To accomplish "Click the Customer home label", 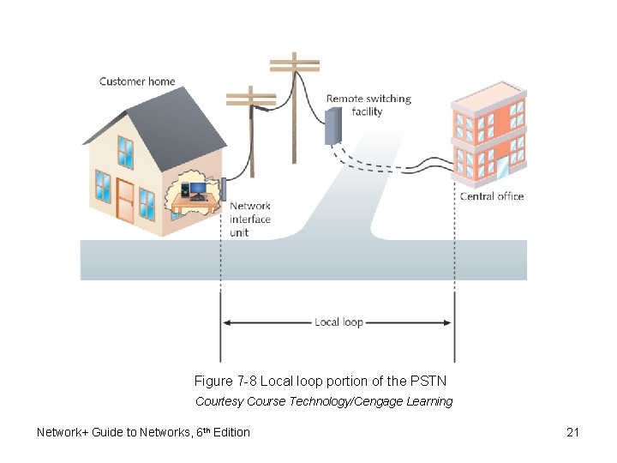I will (137, 81).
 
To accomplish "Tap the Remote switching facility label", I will (368, 105).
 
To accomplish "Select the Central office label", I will (492, 196).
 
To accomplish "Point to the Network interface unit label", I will (249, 219).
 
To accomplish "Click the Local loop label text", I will (339, 322).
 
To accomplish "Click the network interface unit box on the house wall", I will (222, 189).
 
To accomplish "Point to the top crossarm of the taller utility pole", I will (294, 61).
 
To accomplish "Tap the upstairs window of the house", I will (125, 152).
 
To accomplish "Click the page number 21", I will (573, 432).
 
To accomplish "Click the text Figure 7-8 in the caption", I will (225, 380).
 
